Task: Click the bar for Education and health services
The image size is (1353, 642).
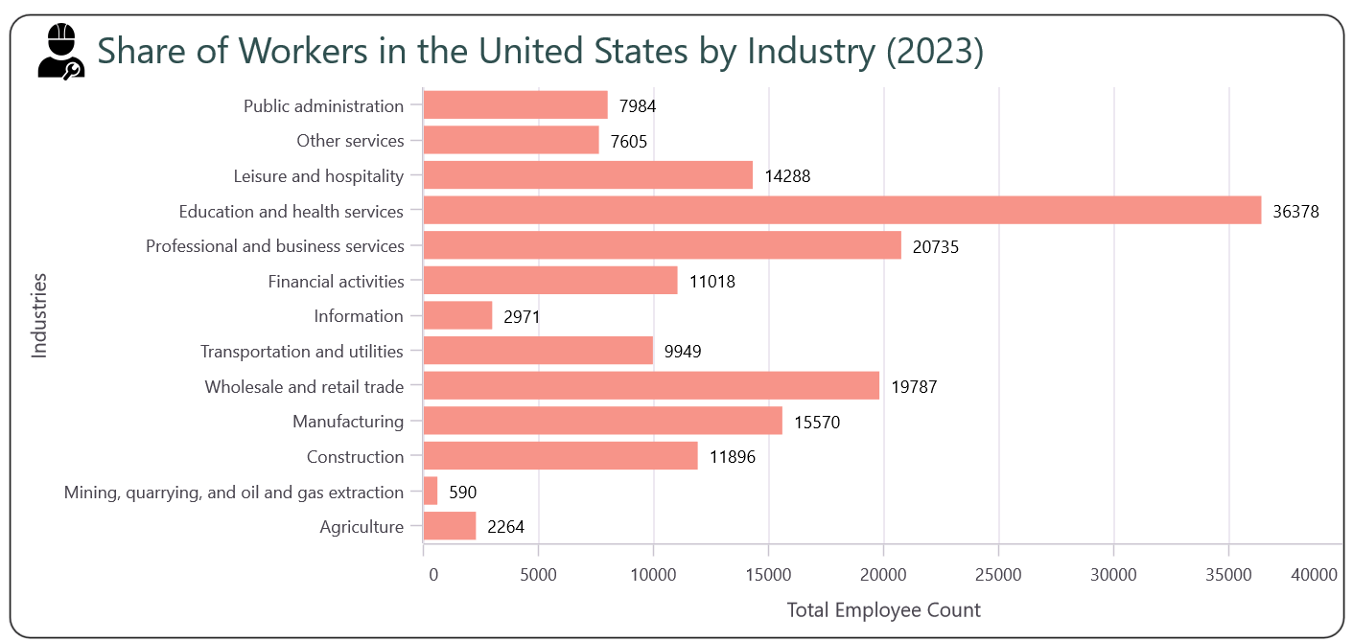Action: point(842,211)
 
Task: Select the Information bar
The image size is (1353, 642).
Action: point(457,316)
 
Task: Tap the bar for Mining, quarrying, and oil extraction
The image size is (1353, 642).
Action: point(431,492)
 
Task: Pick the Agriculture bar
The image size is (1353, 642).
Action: point(450,526)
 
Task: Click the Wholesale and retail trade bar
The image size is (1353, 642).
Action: point(651,386)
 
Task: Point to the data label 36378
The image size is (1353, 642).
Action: point(1295,212)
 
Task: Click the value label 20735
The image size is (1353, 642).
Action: point(936,247)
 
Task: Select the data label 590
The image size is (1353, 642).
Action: point(462,493)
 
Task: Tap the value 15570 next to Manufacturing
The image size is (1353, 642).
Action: point(817,423)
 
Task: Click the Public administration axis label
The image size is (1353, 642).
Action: point(323,105)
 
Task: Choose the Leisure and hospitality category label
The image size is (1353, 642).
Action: point(318,176)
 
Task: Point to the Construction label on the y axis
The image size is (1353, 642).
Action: point(355,457)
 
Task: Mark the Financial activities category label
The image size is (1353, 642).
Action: point(336,282)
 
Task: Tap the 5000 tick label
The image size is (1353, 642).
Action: point(538,574)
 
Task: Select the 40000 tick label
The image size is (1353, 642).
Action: point(1313,574)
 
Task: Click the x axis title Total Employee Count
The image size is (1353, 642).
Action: point(883,610)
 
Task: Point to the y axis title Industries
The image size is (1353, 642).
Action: point(39,315)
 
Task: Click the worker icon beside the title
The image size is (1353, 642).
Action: point(60,52)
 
